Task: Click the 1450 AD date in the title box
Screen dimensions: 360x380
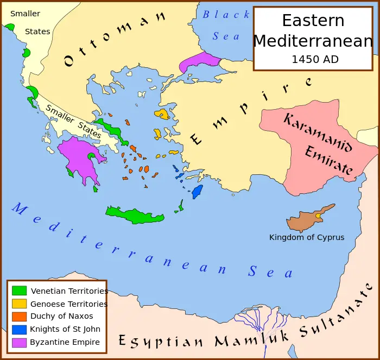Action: (x=315, y=59)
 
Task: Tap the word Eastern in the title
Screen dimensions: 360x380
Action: (x=313, y=21)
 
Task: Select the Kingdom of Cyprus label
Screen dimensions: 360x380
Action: (x=307, y=237)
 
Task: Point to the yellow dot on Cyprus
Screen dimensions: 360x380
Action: (x=318, y=216)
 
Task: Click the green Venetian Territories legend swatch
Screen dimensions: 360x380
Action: (x=19, y=290)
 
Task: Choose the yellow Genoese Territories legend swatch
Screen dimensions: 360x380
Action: (x=19, y=304)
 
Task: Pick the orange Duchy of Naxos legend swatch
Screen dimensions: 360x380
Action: (x=19, y=316)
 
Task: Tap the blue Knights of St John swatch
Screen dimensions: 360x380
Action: (x=19, y=329)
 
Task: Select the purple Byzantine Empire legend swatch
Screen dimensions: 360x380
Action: (x=19, y=342)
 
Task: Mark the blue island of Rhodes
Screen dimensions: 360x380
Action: (x=197, y=191)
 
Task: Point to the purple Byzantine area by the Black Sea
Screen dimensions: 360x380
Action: (x=198, y=61)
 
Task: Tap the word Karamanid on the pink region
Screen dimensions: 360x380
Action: (x=318, y=132)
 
